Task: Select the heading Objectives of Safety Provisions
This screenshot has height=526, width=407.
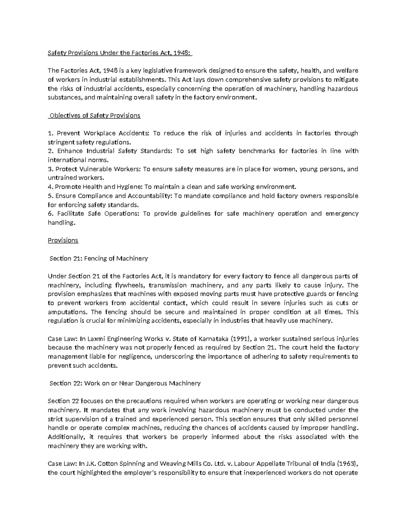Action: click(95, 115)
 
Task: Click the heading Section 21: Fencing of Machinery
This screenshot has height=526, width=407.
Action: click(99, 258)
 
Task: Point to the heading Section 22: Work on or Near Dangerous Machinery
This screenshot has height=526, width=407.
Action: click(125, 383)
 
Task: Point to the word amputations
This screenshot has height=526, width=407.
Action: click(67, 312)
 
